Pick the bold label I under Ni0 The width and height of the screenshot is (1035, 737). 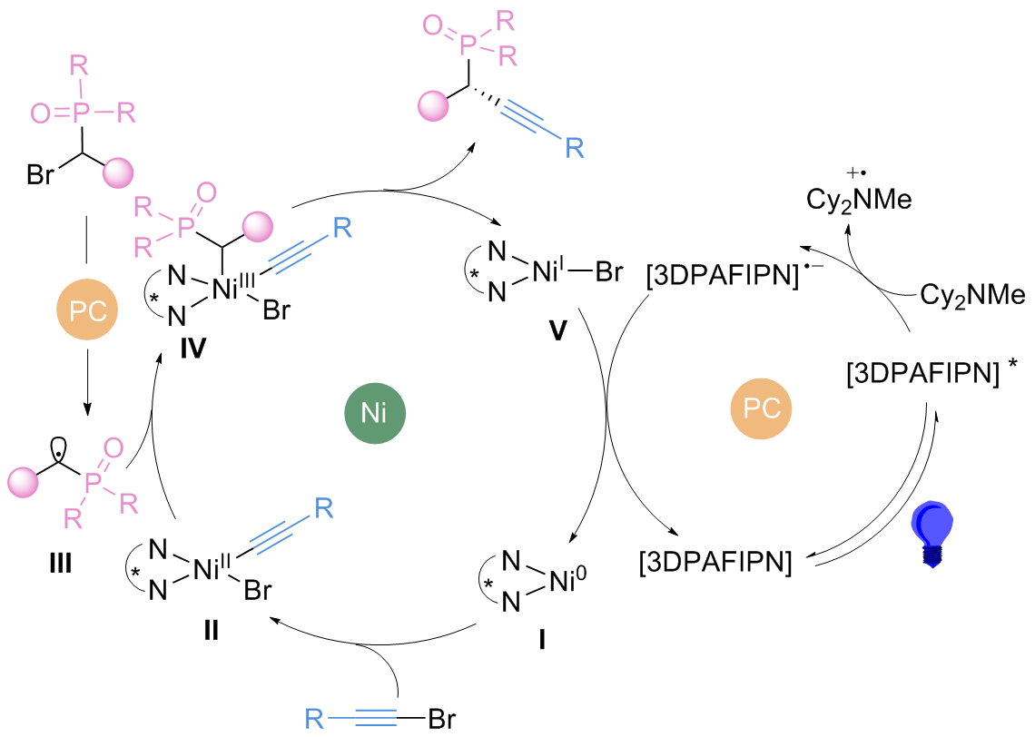coord(541,640)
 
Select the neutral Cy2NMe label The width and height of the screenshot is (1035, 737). coord(972,295)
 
